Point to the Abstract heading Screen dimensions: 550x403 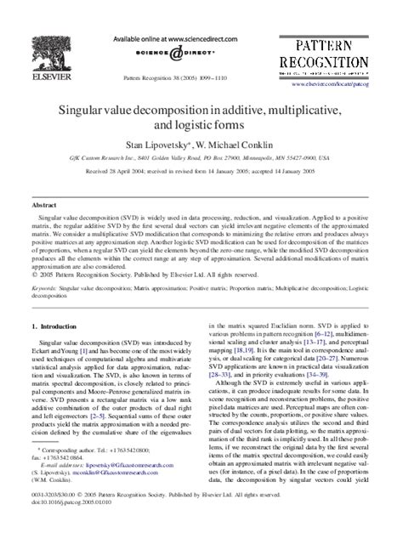point(44,206)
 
